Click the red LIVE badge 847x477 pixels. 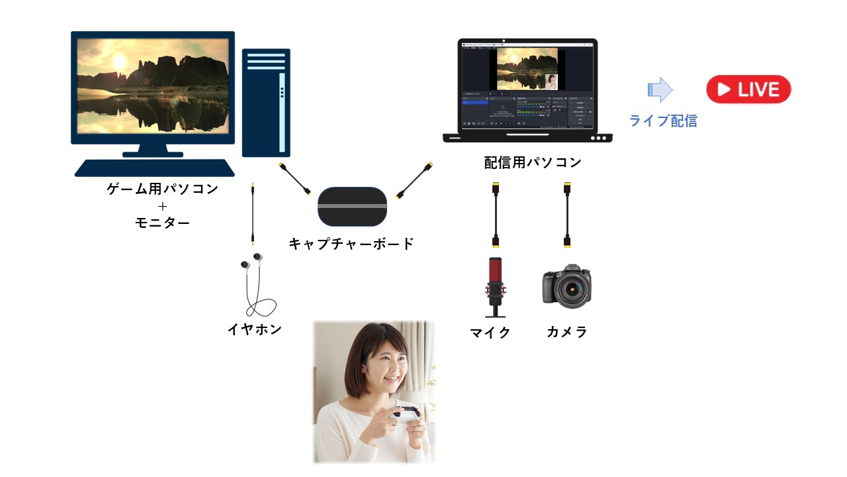(x=748, y=89)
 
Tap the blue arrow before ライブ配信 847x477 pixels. (x=659, y=89)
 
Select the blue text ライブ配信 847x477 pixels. (x=662, y=121)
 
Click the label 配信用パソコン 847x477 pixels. (x=533, y=162)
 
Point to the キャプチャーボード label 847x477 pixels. (x=351, y=244)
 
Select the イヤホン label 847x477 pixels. (x=255, y=329)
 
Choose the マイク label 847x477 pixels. (x=490, y=332)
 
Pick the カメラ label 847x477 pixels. (x=567, y=332)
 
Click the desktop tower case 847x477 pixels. (x=266, y=103)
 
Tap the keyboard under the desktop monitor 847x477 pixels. (x=154, y=168)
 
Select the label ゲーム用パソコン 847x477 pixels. (x=162, y=189)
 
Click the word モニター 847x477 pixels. (x=162, y=223)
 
